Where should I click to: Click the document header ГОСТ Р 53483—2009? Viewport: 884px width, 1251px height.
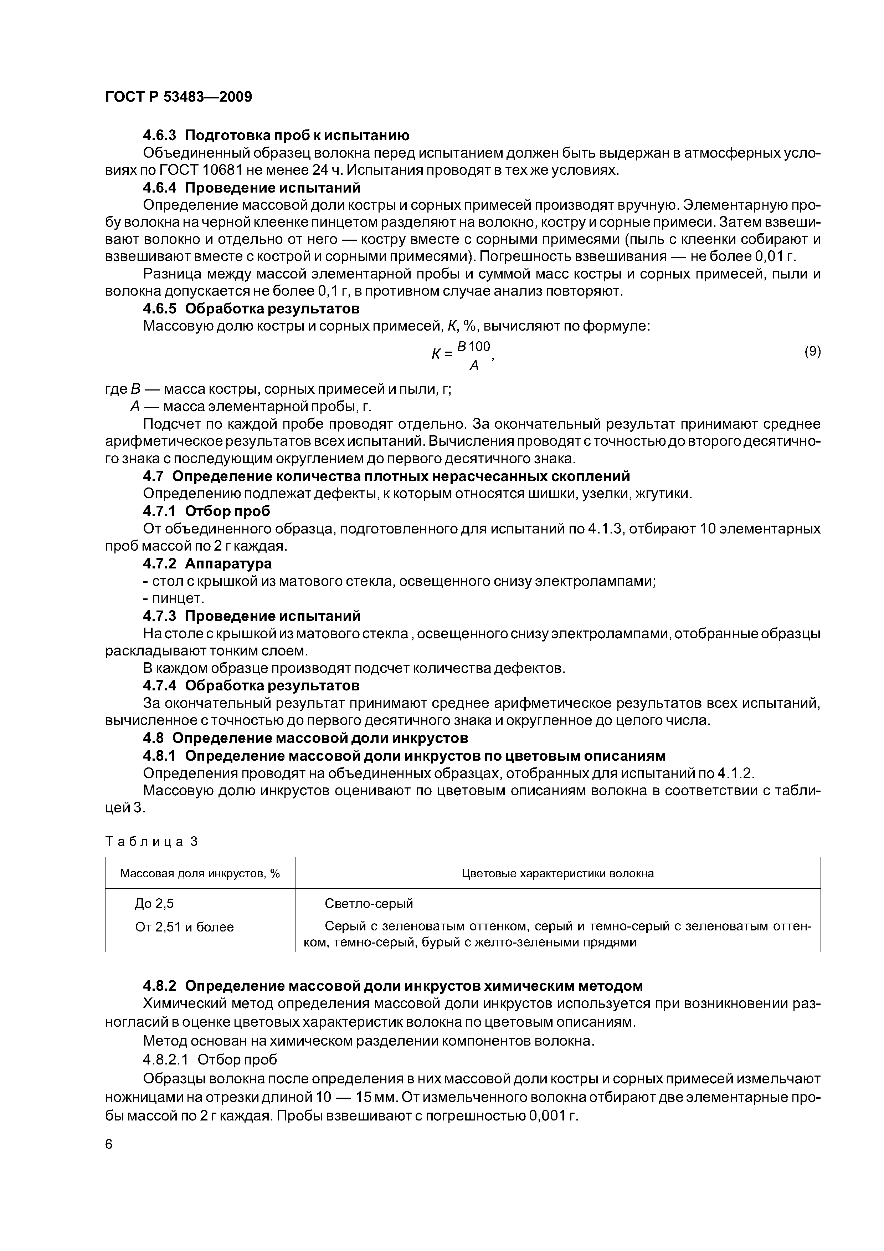pos(178,97)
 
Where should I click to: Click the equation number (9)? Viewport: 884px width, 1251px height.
pos(812,351)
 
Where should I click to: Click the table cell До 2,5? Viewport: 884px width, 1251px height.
pos(154,904)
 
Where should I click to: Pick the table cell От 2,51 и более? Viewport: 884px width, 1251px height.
pos(184,927)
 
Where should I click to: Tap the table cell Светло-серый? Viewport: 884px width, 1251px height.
pos(369,904)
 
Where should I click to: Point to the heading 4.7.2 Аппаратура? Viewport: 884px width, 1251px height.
pos(207,563)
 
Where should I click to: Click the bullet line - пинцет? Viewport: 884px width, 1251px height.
pos(173,598)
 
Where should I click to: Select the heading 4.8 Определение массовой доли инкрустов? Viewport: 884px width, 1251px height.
pos(305,738)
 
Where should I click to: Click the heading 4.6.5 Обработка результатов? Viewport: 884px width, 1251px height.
pos(251,309)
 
